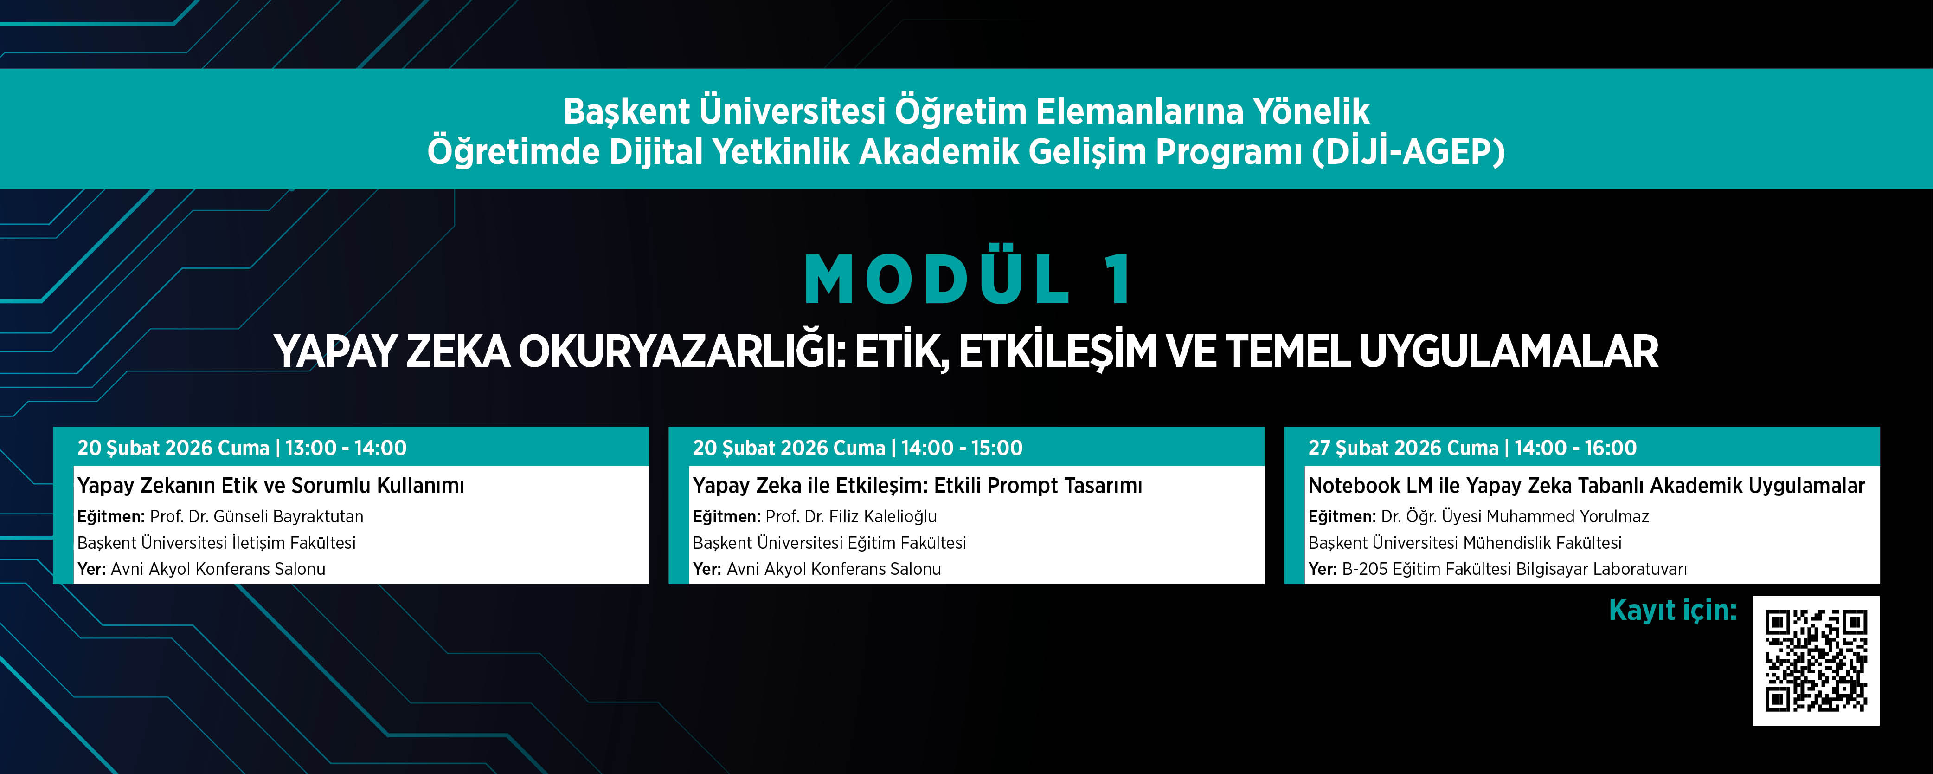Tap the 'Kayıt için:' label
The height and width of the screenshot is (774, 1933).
1673,611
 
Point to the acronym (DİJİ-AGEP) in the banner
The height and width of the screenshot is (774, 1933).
1408,152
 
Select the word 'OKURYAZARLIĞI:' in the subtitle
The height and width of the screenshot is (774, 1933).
682,351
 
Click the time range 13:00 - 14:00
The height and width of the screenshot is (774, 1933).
346,448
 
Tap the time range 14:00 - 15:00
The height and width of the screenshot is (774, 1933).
962,448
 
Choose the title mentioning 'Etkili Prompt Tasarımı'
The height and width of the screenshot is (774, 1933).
918,486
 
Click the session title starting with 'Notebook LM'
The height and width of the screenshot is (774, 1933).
1586,486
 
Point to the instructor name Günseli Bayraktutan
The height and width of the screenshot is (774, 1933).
288,516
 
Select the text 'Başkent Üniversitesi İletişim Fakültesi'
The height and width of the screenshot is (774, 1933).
216,543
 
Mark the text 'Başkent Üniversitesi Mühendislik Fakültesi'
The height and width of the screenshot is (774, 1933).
1465,543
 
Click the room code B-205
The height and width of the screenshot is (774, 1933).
1365,569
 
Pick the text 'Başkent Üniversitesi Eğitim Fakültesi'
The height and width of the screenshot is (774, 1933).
829,543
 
